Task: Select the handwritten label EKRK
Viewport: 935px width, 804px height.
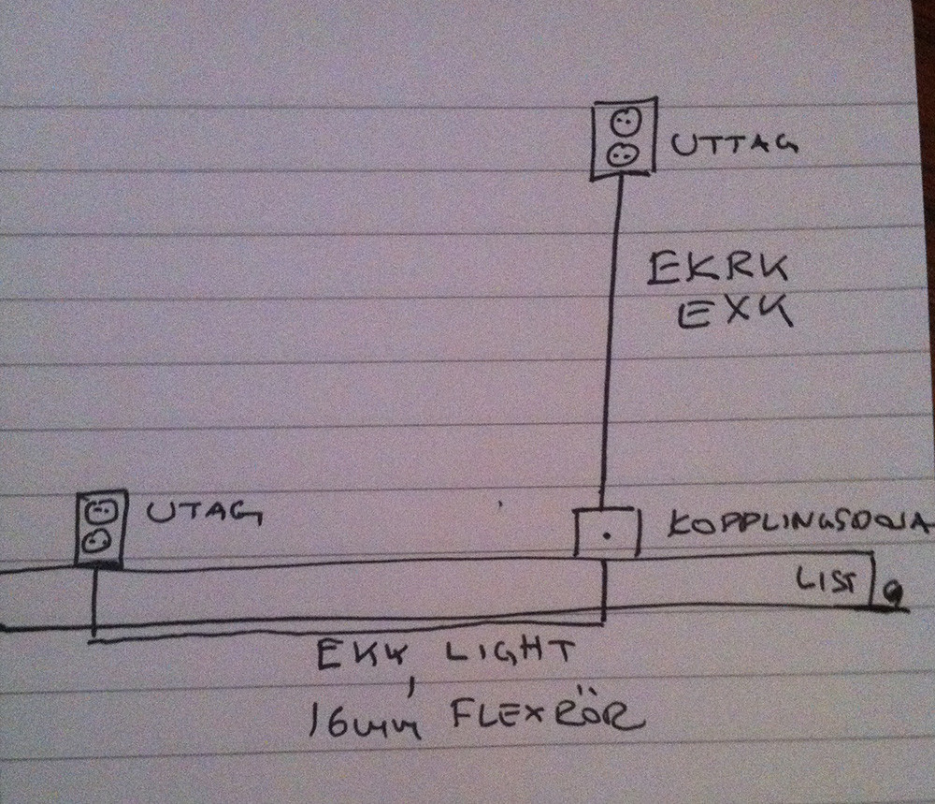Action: [718, 270]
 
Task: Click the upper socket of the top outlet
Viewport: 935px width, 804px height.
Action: [625, 123]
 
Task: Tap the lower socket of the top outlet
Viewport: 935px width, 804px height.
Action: [623, 153]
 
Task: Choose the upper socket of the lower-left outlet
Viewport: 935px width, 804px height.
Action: [99, 512]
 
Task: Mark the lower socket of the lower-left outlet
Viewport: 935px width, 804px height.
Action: [99, 540]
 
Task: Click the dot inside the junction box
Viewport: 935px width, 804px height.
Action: [607, 536]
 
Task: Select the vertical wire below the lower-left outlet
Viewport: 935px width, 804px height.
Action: [94, 604]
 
